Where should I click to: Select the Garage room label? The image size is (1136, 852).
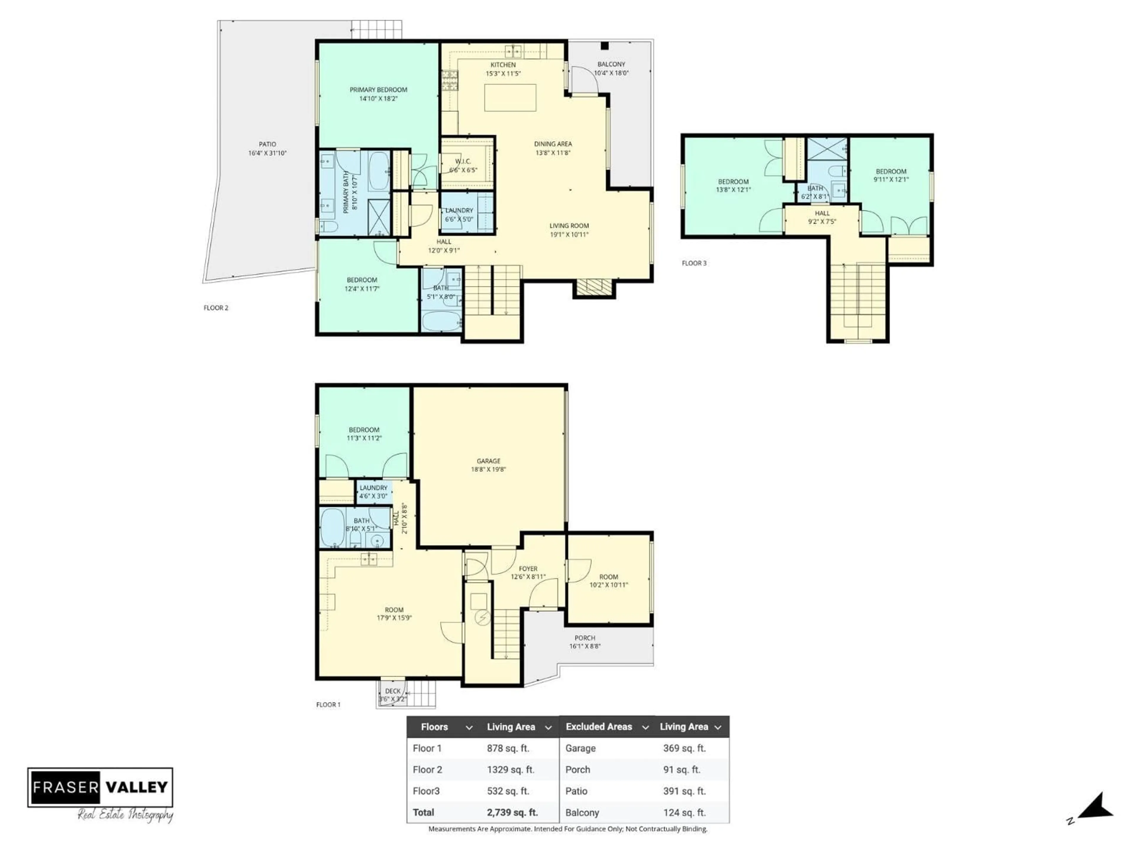488,461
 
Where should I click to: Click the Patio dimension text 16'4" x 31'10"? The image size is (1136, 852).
267,153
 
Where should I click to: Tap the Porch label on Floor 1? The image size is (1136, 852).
585,638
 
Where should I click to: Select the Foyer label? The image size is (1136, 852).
528,569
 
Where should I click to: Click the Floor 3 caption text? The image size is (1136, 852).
694,263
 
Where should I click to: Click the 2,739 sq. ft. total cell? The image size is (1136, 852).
512,812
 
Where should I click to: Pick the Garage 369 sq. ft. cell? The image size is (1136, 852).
684,748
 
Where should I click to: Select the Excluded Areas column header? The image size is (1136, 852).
599,727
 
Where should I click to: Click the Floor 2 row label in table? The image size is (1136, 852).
427,769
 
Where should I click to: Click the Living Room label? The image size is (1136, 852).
569,225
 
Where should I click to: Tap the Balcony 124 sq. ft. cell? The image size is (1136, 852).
684,812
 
